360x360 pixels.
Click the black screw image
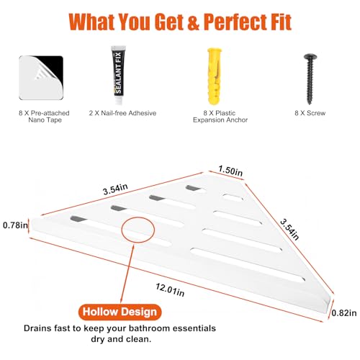310,78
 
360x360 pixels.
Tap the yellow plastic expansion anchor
215,76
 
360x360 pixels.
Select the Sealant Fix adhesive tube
119,75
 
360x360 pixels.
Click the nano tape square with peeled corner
41,78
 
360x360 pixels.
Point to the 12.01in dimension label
170,289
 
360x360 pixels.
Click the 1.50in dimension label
230,171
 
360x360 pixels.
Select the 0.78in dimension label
15,225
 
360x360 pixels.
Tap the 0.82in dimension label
344,313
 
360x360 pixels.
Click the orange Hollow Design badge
120,312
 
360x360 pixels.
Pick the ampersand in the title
193,22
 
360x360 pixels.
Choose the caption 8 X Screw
310,113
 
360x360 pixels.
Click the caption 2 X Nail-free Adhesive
122,113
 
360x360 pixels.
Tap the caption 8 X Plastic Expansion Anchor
220,117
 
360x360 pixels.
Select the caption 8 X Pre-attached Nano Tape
44,117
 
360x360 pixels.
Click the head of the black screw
310,57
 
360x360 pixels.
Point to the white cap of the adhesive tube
118,101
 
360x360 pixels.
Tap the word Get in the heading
168,22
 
